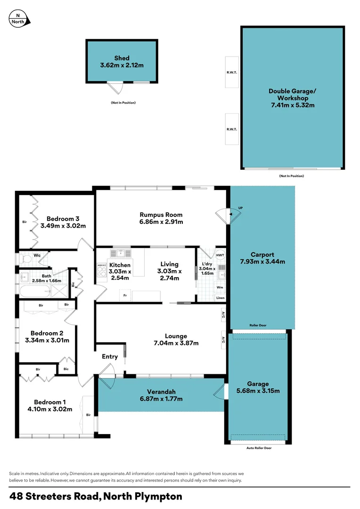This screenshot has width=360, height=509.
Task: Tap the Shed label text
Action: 122,58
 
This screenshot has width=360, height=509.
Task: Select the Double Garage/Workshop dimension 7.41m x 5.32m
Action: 292,105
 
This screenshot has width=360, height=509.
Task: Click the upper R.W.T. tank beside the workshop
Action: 232,72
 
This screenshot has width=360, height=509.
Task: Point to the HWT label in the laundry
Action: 220,254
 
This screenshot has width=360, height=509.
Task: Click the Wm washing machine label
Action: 220,287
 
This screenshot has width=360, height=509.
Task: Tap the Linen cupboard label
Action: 220,298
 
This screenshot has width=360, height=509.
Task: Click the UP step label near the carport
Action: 241,208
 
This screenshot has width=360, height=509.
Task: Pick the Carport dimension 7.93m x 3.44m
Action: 262,262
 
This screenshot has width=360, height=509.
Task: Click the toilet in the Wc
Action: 26,259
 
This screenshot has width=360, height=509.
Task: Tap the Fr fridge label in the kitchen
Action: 125,296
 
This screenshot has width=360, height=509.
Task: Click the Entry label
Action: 110,357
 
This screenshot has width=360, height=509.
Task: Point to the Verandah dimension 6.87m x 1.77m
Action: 161,399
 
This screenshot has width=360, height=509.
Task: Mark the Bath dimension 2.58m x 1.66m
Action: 47,281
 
